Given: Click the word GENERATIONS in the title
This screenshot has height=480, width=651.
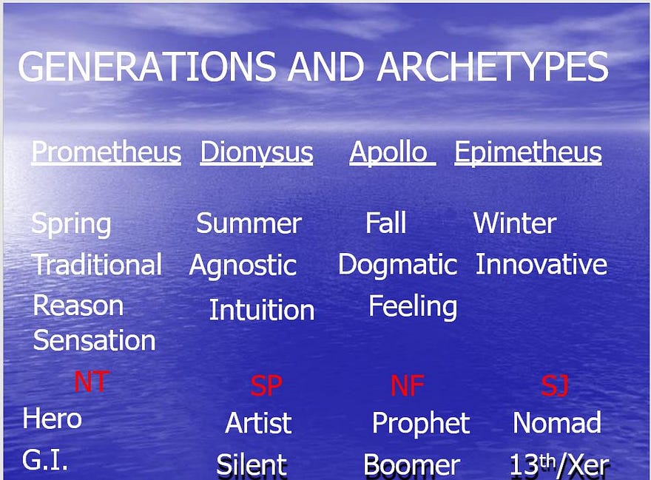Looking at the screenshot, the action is coord(146,67).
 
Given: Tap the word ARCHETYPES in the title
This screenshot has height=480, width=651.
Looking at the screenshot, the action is coord(493,67).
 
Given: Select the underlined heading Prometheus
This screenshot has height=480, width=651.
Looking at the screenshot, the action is coord(107,152).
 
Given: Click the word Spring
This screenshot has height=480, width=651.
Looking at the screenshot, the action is coord(72,225).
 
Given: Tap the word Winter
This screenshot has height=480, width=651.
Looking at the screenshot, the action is coord(515,223).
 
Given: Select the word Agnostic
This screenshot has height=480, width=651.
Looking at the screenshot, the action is coord(243,266).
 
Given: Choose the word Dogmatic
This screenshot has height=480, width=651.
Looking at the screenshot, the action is coord(397,265).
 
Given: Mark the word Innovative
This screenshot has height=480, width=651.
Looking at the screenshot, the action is coord(541,264).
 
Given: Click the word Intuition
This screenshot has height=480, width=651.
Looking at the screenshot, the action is coord(262,310).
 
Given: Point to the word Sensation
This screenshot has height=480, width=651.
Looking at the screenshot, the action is coord(94,340).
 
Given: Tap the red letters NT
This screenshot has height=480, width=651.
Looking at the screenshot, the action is coord(91,382).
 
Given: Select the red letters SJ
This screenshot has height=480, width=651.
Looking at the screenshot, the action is coord(555,385).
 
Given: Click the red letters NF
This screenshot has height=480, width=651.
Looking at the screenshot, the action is coord(408,385).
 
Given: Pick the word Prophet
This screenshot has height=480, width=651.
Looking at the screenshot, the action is coord(421,424).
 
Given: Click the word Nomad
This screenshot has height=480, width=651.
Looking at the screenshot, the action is coord(557,423).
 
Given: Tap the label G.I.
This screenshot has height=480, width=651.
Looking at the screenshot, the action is coord(45,460).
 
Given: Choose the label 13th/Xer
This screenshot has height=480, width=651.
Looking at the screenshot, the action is coord(559,465).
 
